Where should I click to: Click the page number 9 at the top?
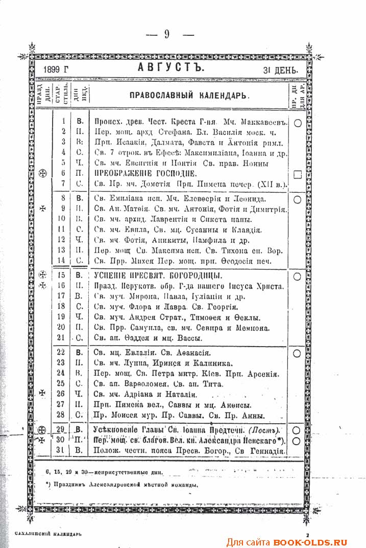click(x=167, y=34)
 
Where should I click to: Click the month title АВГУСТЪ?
click(x=171, y=68)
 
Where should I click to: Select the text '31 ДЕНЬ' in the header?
click(x=280, y=70)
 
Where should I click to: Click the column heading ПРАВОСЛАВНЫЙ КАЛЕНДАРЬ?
click(x=189, y=95)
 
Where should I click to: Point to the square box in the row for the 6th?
click(x=298, y=174)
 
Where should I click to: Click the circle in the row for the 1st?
click(x=298, y=123)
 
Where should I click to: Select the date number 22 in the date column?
click(x=62, y=352)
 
